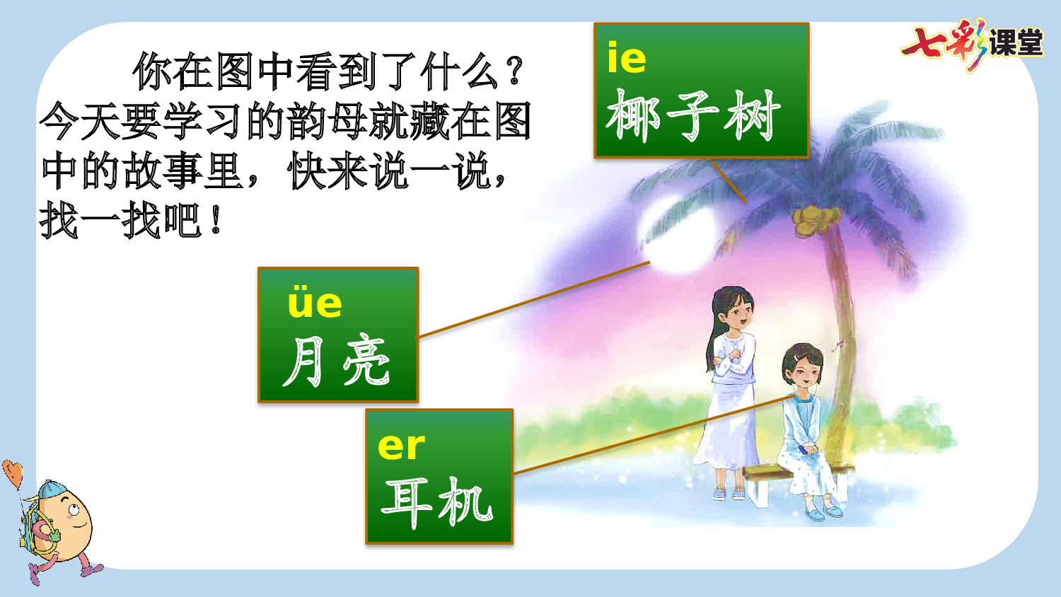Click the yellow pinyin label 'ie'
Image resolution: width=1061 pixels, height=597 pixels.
coord(627,59)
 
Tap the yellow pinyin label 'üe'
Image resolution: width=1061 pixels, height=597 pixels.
coord(315,303)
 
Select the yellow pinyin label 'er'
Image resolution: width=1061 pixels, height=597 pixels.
coord(401,446)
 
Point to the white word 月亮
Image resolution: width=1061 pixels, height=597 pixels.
coord(337,361)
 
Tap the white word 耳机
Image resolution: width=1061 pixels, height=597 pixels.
coord(436,502)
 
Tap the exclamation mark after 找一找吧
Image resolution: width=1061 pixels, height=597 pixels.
coord(216,221)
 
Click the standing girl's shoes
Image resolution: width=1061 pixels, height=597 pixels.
coord(728,493)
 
